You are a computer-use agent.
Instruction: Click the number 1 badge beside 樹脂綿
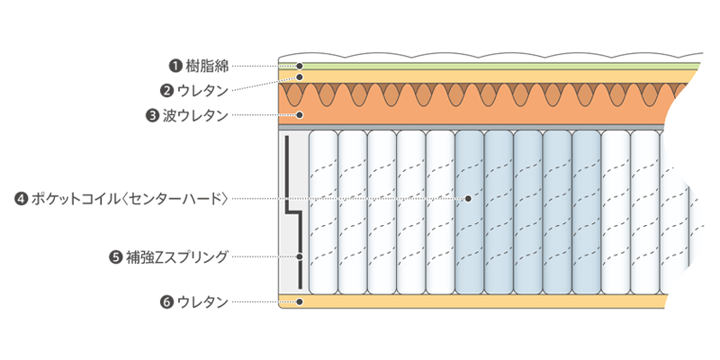coord(175,66)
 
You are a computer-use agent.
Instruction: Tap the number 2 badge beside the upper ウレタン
coord(166,90)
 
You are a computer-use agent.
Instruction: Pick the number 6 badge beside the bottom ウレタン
coord(166,302)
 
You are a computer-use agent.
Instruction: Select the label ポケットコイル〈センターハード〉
coord(129,198)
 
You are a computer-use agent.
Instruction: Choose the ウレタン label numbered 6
coord(202,302)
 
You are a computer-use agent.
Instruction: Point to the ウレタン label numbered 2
coord(203,90)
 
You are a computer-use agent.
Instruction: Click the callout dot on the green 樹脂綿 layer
coord(301,66)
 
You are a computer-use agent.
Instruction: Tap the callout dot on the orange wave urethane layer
coord(301,115)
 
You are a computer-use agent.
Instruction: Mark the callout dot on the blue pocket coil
coord(469,198)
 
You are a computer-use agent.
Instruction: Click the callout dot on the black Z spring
coord(300,257)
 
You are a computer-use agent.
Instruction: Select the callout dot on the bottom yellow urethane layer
coord(301,302)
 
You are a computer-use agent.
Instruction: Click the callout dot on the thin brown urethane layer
coord(301,77)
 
